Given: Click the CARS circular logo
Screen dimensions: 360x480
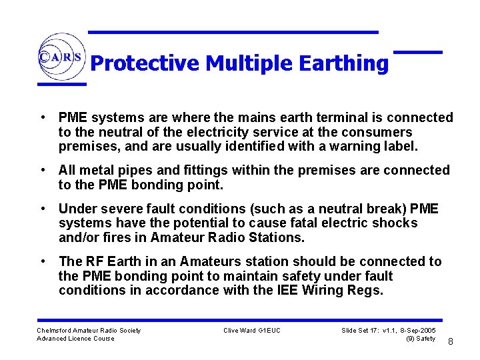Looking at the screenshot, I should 61,57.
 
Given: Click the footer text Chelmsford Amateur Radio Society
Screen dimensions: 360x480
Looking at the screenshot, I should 89,330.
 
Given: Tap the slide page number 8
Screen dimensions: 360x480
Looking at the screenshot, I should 450,341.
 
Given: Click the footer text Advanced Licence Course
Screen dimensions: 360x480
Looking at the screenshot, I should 75,339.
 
